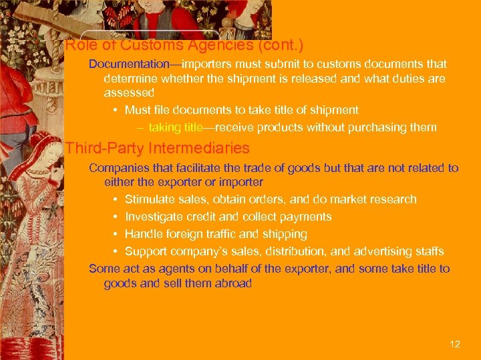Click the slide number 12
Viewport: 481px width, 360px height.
coord(455,344)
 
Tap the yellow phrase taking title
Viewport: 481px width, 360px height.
coord(173,127)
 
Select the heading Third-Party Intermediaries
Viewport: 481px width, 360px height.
coord(158,148)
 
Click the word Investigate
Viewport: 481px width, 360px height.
coord(152,217)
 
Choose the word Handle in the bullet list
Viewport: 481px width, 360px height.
coord(142,234)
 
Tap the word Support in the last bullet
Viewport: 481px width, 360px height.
coord(145,251)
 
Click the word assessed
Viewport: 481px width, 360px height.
coord(129,93)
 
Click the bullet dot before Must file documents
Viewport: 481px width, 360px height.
coord(116,110)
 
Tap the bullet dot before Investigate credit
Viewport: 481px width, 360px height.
coord(116,217)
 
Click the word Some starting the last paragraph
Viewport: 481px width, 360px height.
coord(104,269)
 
